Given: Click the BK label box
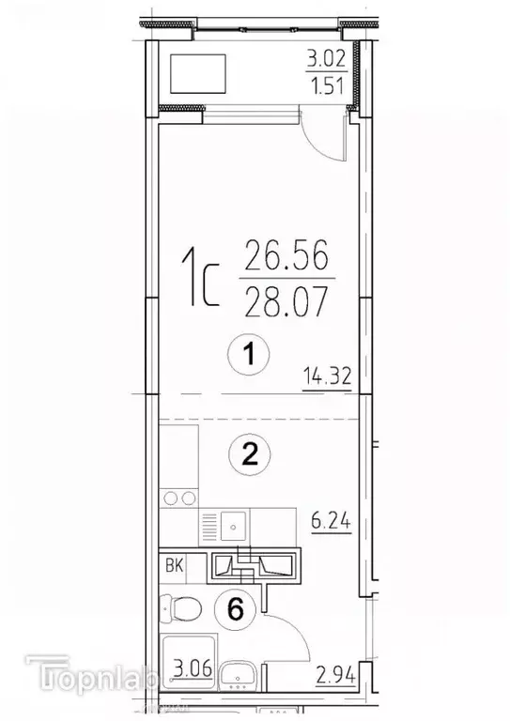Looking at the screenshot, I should pos(175,565).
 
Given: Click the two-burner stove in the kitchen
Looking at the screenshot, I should pos(178,498).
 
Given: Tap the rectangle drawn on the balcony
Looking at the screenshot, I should pos(197,73).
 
